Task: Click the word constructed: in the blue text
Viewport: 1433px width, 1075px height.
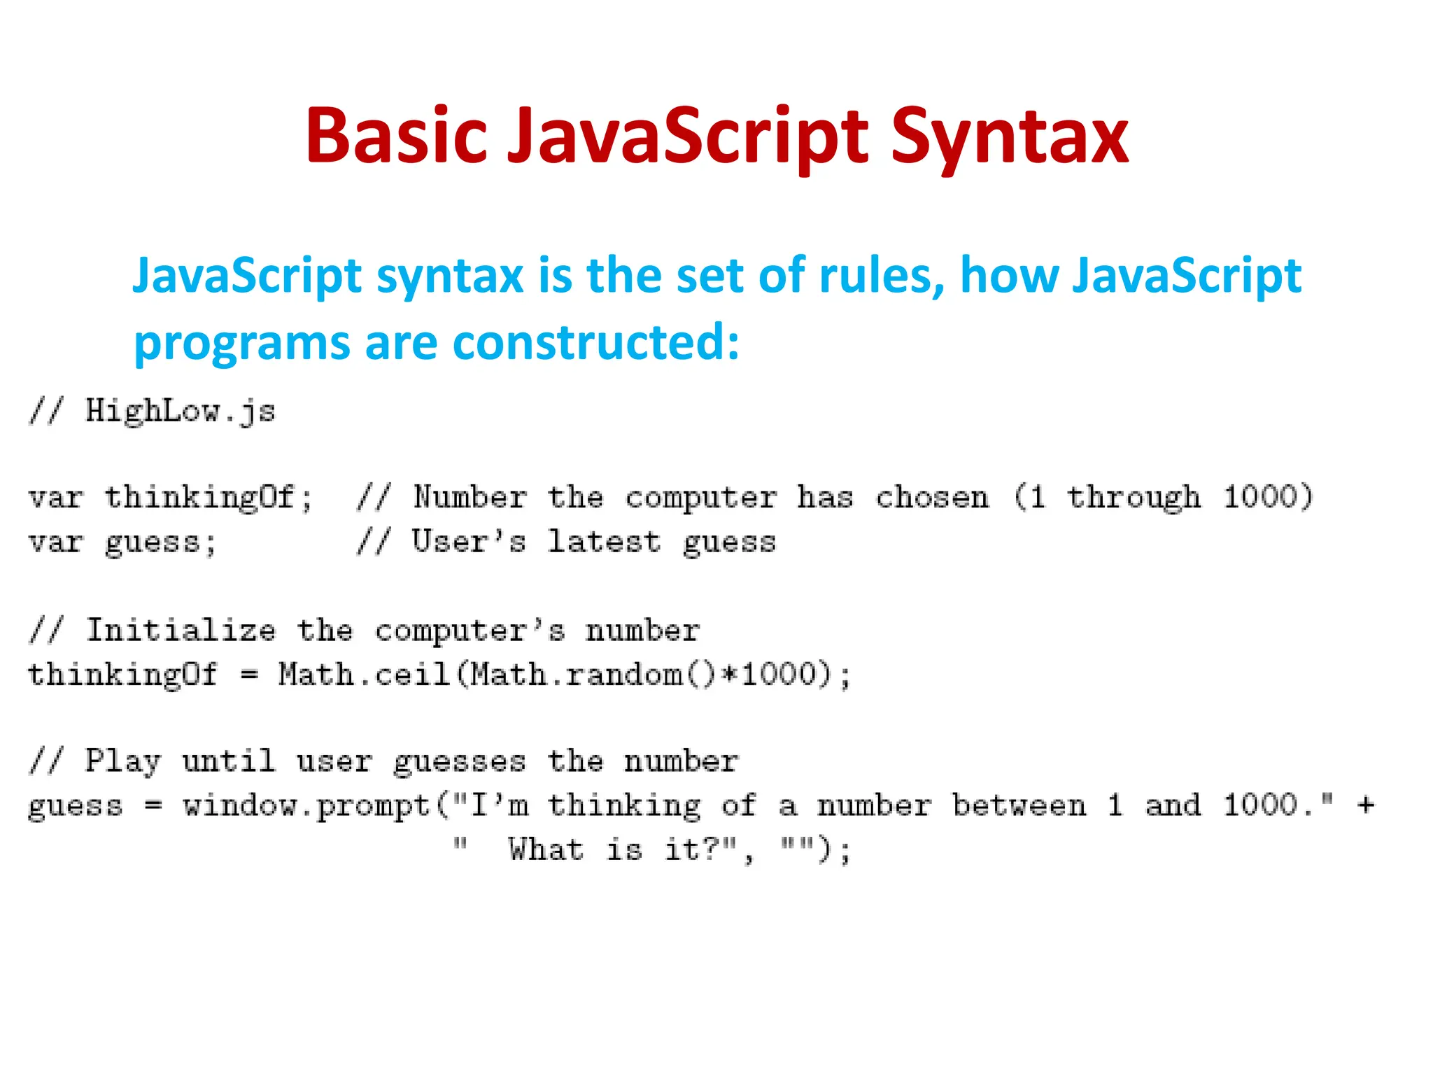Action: coord(596,342)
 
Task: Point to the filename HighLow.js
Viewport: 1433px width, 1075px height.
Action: coord(180,411)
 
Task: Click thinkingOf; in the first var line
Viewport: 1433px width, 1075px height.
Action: coord(208,498)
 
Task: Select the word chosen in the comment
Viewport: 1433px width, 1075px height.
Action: coord(933,498)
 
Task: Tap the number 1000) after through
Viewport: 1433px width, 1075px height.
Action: coord(1267,498)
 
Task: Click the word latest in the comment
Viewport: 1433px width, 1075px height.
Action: coord(604,542)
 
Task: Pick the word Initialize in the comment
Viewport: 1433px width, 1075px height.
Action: coord(181,631)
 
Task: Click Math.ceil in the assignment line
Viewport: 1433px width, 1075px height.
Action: coord(363,675)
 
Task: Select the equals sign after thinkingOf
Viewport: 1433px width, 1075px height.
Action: coord(250,675)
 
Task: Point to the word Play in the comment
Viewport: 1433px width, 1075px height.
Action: coord(122,761)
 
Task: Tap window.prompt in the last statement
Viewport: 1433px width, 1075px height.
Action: coord(306,806)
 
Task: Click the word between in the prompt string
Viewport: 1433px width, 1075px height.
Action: coord(1019,806)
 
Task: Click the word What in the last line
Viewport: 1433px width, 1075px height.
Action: coord(546,850)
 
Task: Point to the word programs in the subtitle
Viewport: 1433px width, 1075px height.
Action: coord(241,344)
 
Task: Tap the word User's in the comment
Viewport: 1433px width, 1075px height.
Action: coord(468,542)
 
